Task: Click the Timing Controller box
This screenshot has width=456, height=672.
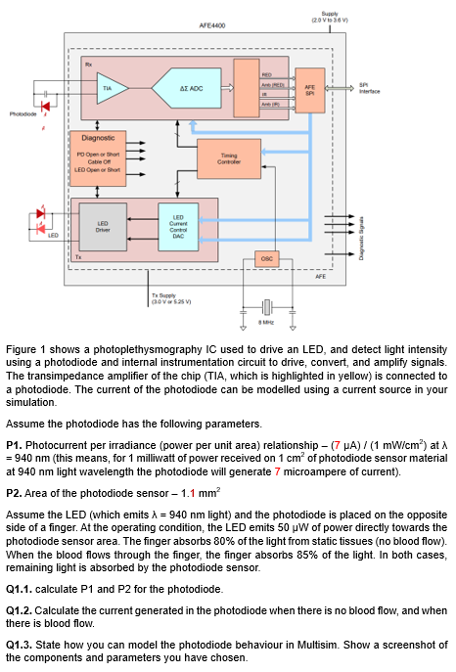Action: point(228,157)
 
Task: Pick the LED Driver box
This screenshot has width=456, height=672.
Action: point(102,225)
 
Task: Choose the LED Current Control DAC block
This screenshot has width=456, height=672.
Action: point(178,225)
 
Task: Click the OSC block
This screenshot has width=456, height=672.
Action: point(266,259)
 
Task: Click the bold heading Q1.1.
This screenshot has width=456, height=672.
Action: point(22,589)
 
